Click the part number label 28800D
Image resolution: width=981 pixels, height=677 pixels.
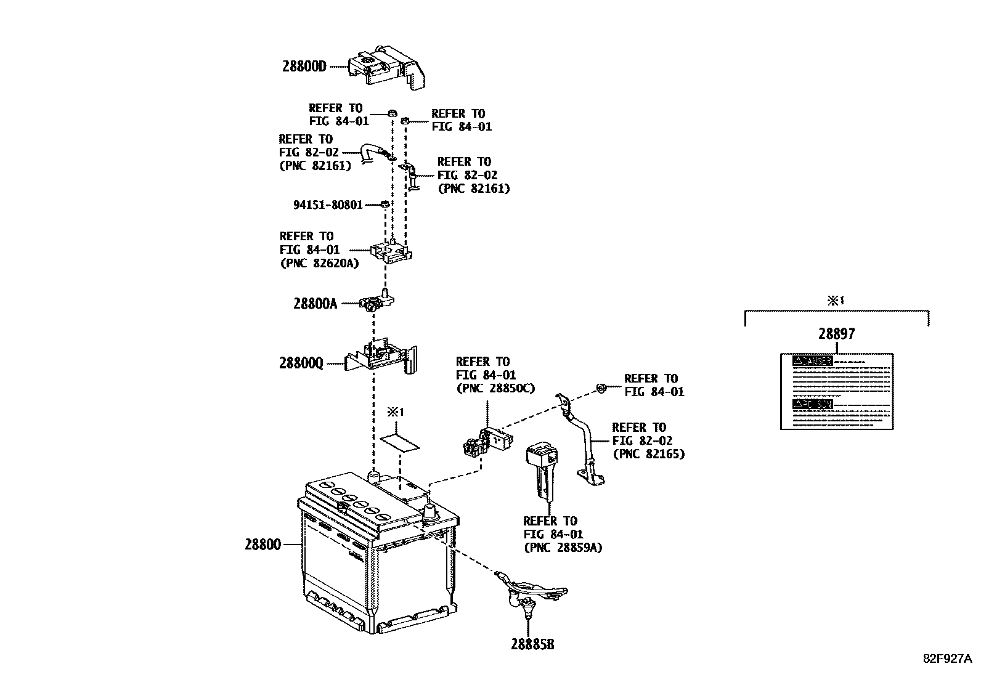[x=304, y=66]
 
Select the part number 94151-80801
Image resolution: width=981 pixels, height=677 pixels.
[x=328, y=205]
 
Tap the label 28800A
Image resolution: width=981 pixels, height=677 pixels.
[x=315, y=303]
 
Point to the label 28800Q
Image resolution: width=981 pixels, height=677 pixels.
[x=301, y=363]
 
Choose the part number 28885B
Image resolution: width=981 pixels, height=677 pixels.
[x=532, y=644]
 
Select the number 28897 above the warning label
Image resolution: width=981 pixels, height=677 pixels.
[x=836, y=334]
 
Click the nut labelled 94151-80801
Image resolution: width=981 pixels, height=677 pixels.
[x=384, y=204]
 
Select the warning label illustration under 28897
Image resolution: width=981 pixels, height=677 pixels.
[x=836, y=391]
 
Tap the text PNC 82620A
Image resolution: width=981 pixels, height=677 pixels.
[x=319, y=264]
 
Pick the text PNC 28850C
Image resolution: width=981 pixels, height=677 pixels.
[x=495, y=388]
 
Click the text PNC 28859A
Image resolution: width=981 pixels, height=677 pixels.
[x=563, y=547]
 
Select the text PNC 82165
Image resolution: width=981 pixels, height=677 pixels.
[x=648, y=454]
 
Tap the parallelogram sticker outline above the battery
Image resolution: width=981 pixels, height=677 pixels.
[x=399, y=441]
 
